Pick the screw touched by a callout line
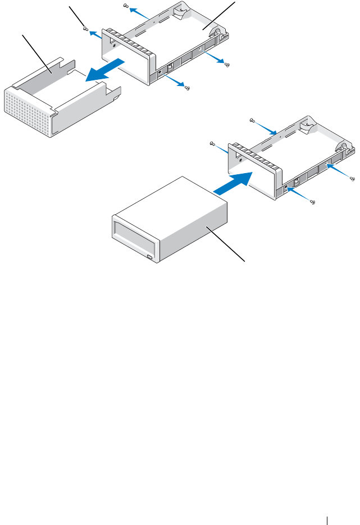click(x=85, y=29)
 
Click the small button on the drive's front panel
click(x=149, y=257)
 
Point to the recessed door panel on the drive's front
click(x=134, y=236)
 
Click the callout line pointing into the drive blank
click(x=36, y=54)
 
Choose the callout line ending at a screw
click(x=77, y=17)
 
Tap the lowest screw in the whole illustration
click(x=312, y=202)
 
